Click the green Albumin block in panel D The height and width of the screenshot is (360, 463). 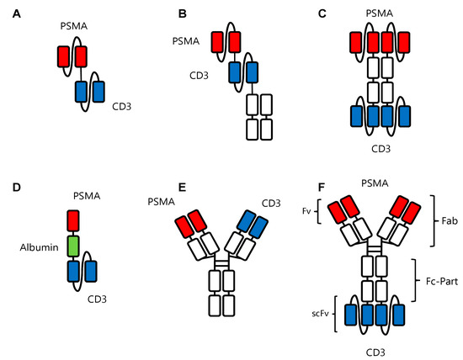point(73,246)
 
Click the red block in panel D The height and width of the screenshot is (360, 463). point(73,221)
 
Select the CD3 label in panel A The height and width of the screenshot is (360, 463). point(123,108)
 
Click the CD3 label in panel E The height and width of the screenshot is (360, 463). point(271,201)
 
